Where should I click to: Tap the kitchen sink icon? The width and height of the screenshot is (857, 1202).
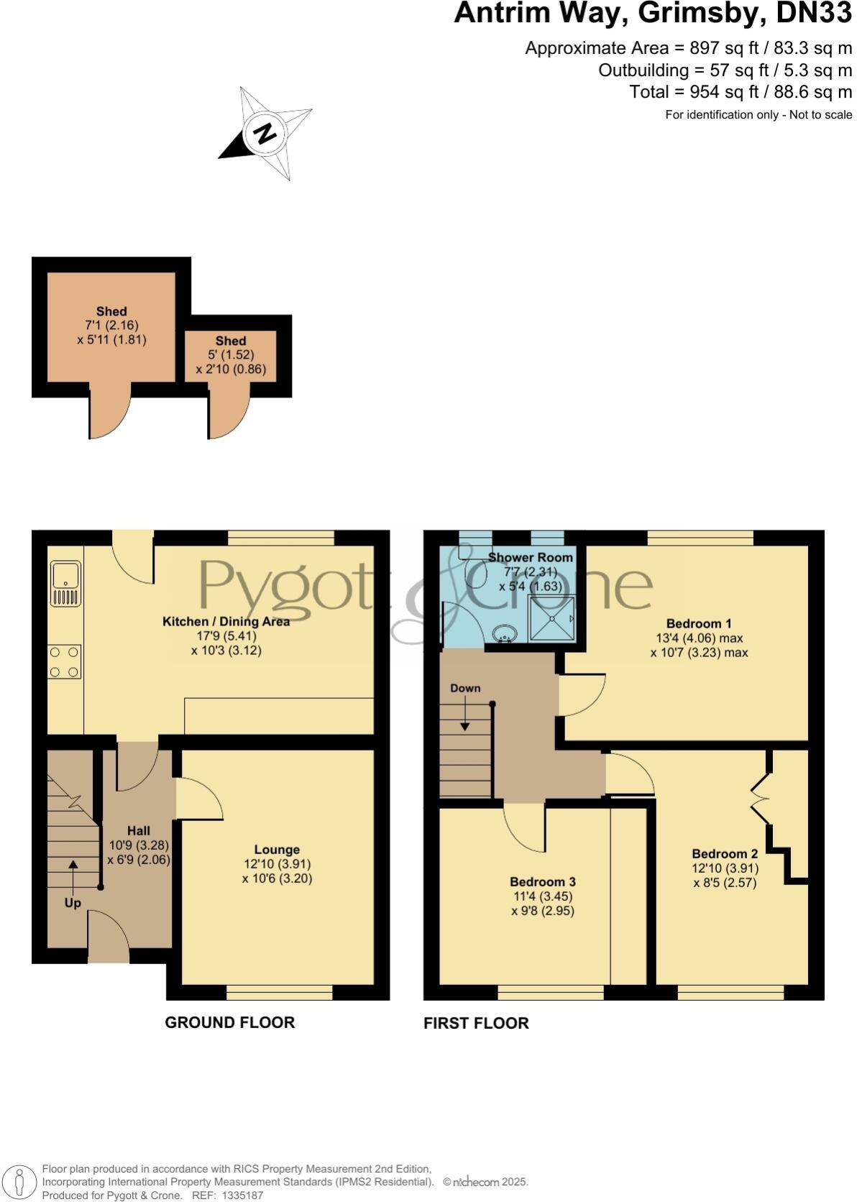pyautogui.click(x=65, y=584)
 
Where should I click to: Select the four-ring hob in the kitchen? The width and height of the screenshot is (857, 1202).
pyautogui.click(x=64, y=662)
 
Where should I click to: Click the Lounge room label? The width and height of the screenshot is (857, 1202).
pyautogui.click(x=277, y=850)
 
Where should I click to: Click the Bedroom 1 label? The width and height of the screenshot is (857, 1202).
pyautogui.click(x=698, y=623)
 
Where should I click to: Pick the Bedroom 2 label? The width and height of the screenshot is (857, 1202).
pyautogui.click(x=725, y=854)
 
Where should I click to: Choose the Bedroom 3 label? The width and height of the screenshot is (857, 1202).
pyautogui.click(x=543, y=882)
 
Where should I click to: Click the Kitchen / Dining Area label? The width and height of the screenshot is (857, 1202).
pyautogui.click(x=226, y=621)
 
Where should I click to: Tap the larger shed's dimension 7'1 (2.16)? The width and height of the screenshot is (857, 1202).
pyautogui.click(x=111, y=326)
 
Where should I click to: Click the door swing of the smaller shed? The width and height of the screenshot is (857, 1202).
pyautogui.click(x=229, y=417)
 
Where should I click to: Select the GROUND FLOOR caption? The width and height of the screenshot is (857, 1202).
pyautogui.click(x=229, y=1022)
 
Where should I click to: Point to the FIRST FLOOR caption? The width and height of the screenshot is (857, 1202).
pyautogui.click(x=476, y=1023)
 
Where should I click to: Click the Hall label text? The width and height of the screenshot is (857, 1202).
pyautogui.click(x=139, y=830)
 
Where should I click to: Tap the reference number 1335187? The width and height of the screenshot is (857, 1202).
pyautogui.click(x=244, y=1196)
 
